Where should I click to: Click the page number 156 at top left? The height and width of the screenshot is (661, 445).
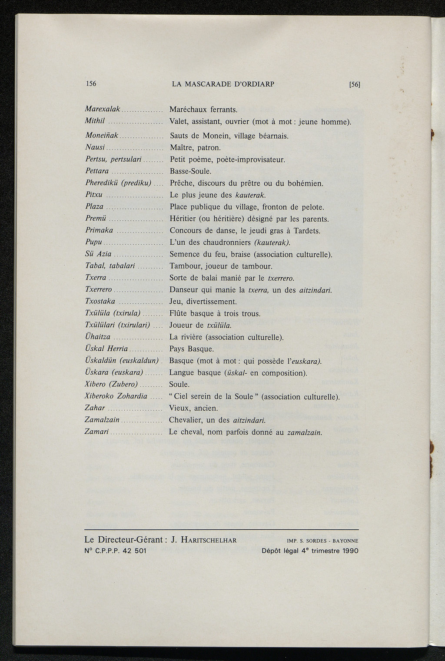click(x=91, y=83)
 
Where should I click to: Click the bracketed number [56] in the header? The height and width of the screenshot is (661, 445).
click(x=355, y=84)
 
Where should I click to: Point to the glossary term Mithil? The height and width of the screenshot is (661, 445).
click(x=95, y=121)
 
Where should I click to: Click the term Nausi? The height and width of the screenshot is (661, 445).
click(x=95, y=148)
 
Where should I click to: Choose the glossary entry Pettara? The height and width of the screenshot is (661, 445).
click(x=97, y=171)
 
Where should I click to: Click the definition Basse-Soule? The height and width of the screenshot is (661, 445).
click(x=190, y=171)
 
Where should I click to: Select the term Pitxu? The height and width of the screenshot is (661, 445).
click(x=94, y=195)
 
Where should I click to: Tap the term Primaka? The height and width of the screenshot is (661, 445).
click(x=99, y=230)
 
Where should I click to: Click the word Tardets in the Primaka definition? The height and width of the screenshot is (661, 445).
click(x=306, y=230)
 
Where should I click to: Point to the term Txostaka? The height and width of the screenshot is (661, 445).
click(x=100, y=301)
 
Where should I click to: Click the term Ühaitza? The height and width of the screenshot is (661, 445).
click(x=98, y=337)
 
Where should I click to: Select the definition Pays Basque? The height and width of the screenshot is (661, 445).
click(x=191, y=349)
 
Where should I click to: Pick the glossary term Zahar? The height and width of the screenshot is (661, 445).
click(x=95, y=408)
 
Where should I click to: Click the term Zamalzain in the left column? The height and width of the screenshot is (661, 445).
click(x=102, y=420)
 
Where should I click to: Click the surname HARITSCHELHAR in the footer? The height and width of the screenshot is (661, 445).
click(x=209, y=540)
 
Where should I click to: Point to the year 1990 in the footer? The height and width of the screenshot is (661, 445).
click(x=350, y=551)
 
